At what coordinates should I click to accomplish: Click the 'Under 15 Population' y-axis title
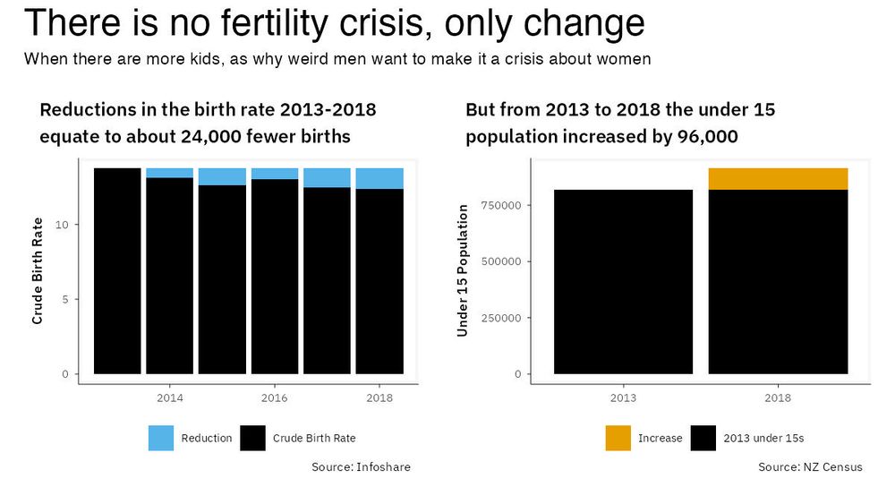tap(463, 270)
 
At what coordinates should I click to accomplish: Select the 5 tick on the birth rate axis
tap(64, 299)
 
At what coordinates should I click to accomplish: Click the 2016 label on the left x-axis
tap(274, 397)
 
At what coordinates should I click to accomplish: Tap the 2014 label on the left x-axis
tap(169, 397)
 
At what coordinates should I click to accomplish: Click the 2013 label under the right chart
tap(623, 397)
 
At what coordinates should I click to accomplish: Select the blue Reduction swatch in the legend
tap(161, 438)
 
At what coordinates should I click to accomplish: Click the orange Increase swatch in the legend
tap(618, 438)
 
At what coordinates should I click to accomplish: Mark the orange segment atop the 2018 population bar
tap(778, 179)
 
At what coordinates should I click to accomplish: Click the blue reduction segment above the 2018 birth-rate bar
tap(379, 178)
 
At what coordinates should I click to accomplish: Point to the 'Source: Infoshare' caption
tap(361, 467)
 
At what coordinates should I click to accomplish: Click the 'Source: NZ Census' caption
tap(810, 467)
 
